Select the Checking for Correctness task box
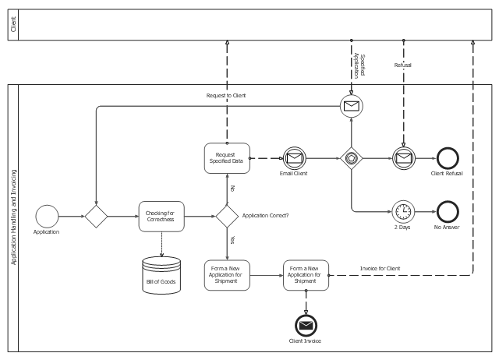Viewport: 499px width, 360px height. (161, 216)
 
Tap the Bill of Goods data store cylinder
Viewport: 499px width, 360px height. (161, 274)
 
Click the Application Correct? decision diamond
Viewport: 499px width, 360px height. (227, 215)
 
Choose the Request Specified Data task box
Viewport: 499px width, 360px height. (227, 157)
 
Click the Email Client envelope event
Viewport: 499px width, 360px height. (294, 157)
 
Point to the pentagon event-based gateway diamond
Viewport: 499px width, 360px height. (351, 157)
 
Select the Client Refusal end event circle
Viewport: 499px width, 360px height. (448, 157)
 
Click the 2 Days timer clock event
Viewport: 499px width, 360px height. (403, 211)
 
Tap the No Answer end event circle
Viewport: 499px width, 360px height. (448, 211)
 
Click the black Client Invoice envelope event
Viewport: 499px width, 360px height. (306, 324)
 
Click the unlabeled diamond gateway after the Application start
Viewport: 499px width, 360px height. (96, 215)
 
